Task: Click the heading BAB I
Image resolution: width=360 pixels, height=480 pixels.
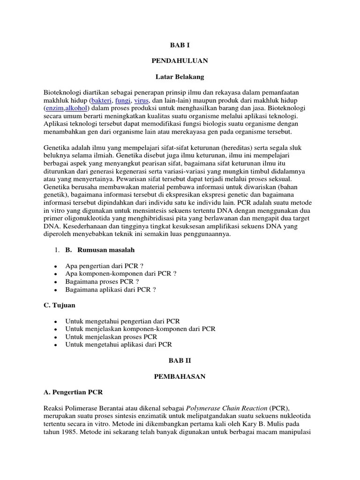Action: [x=180, y=45]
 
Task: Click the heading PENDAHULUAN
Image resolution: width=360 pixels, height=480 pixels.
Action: [x=180, y=60]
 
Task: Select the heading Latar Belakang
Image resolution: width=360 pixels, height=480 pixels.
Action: [x=180, y=76]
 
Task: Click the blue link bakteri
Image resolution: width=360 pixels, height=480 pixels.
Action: [x=102, y=101]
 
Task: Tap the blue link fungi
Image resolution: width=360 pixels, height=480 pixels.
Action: [x=123, y=101]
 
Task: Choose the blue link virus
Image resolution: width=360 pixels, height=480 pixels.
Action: [x=142, y=101]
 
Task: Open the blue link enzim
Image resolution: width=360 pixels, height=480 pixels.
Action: [x=54, y=108]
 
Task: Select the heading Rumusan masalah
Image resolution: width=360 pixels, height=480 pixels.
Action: [x=102, y=250]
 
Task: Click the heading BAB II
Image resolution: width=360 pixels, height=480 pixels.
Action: [x=180, y=361]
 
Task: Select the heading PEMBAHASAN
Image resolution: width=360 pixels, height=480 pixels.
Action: [x=180, y=376]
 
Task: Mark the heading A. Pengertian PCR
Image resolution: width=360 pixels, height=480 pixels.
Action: [x=73, y=392]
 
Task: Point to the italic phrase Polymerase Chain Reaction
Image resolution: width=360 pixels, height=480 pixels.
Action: [x=227, y=408]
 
